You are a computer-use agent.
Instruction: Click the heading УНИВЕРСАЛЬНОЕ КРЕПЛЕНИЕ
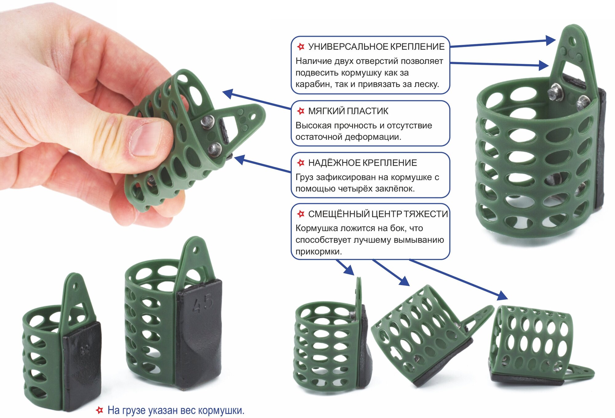(376, 47)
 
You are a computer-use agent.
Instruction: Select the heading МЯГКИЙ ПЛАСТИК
(348, 111)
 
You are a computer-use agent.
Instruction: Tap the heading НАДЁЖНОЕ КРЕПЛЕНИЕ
(362, 163)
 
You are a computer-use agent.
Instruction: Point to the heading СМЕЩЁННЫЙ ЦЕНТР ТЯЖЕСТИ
(378, 214)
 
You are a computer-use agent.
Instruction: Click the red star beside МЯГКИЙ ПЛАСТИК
(300, 111)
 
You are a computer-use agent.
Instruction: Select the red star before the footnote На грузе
(99, 410)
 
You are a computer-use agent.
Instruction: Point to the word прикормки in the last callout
(319, 251)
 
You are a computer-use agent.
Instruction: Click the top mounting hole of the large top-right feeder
(572, 41)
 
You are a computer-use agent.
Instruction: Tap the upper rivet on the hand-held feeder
(207, 122)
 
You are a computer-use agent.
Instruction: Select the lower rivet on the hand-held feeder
(214, 150)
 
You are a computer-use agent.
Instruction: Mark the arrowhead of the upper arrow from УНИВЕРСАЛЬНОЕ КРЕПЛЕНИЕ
(551, 40)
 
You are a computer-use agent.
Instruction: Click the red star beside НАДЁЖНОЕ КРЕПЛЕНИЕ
(300, 163)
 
